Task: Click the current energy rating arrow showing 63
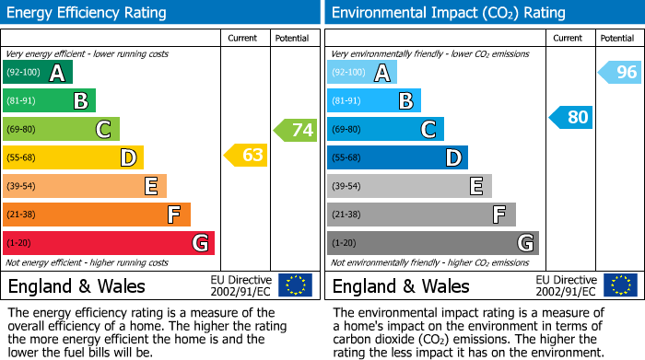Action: tap(246, 155)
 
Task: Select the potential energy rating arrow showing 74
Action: tap(296, 130)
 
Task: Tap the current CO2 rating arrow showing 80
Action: tap(570, 117)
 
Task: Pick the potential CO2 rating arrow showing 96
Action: tap(620, 72)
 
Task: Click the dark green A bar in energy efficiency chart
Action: tap(37, 73)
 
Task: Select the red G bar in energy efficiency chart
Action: tap(108, 243)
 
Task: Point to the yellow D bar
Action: tap(73, 157)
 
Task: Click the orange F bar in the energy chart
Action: tap(96, 215)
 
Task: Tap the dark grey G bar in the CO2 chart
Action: tap(432, 243)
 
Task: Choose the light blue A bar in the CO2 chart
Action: tap(362, 73)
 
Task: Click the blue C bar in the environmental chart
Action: tap(385, 130)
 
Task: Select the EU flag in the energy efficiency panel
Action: tap(295, 285)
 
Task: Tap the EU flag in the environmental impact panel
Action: tap(620, 285)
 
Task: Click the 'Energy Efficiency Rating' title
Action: tap(87, 13)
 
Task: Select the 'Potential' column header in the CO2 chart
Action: tap(616, 38)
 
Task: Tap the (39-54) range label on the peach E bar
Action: tap(23, 187)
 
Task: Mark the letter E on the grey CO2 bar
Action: tap(475, 186)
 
